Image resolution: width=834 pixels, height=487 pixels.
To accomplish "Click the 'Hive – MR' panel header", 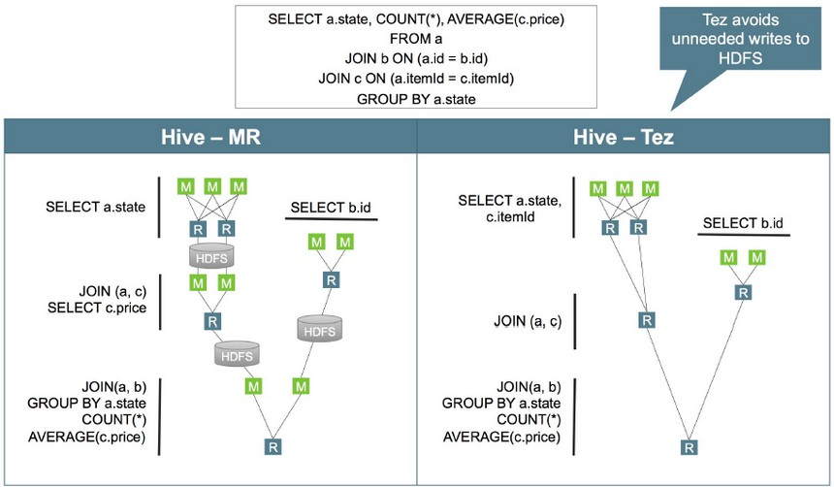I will [209, 138].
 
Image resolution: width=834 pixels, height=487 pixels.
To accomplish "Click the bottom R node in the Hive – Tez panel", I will [688, 447].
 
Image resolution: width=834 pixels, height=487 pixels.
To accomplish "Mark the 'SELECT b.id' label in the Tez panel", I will [742, 224].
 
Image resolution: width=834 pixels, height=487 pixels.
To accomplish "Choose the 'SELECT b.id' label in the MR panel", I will [330, 209].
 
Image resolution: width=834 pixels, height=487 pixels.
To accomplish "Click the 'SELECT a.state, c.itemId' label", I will [512, 209].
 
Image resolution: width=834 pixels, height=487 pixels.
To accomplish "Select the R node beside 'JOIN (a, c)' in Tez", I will [644, 319].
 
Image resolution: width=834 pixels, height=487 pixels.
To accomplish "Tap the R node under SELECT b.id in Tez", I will [742, 291].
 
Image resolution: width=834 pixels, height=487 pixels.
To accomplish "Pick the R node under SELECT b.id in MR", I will [330, 279].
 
